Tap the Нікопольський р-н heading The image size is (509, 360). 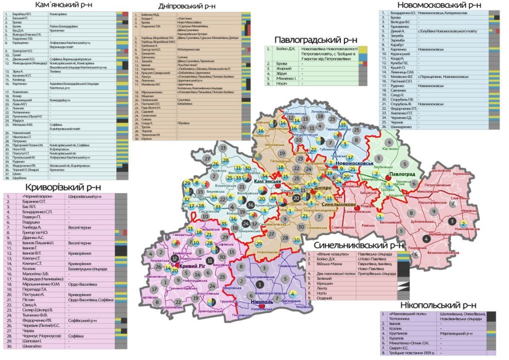[x=438, y=305]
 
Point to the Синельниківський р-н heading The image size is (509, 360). [x=358, y=245]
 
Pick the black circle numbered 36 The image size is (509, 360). [x=250, y=204]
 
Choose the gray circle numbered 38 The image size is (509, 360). [x=234, y=227]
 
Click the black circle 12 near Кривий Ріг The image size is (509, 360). [x=174, y=258]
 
